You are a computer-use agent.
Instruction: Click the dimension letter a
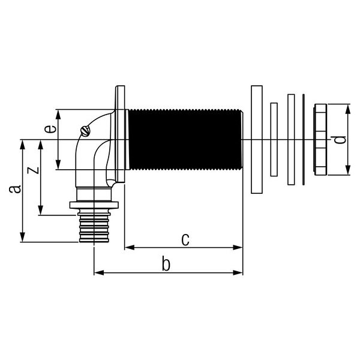(x=16, y=190)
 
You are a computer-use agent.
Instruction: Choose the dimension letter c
(x=185, y=239)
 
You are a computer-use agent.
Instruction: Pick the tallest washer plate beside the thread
(x=256, y=139)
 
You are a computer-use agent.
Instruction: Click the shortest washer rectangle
(x=274, y=140)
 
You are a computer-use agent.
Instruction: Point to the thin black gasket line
(x=304, y=139)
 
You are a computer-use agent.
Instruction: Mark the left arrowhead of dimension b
(x=98, y=272)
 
